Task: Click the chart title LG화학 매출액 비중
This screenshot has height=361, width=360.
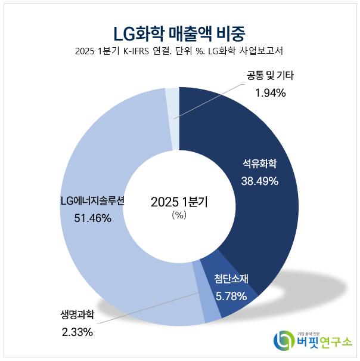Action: click(x=179, y=30)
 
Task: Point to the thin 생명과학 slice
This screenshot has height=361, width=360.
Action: click(x=198, y=298)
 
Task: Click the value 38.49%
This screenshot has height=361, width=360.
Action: click(x=259, y=181)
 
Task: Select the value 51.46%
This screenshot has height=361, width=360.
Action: click(x=92, y=218)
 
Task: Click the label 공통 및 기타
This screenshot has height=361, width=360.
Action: click(x=270, y=75)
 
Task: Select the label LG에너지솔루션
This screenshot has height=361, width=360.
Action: click(x=92, y=201)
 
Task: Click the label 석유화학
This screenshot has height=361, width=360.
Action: click(x=259, y=163)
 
